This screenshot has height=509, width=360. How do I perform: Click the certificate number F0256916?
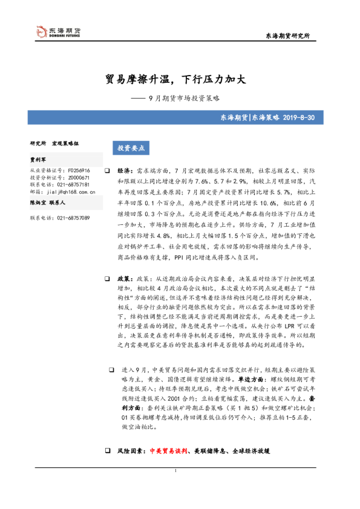[79, 170]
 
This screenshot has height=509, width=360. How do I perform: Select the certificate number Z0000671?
[79, 178]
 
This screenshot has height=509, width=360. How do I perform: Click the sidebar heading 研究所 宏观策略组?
[54, 143]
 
